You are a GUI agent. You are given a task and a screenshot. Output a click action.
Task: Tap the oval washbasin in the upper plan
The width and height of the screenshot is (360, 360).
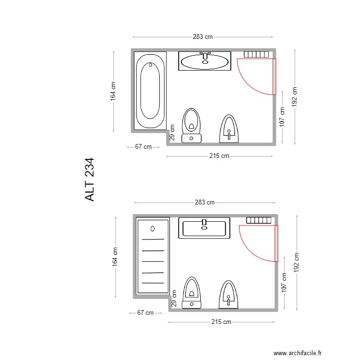click(205, 61)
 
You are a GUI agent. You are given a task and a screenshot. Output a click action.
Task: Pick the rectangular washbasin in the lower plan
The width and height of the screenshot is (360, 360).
click(204, 228)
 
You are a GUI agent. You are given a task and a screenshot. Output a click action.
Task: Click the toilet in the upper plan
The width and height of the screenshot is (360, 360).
click(192, 125)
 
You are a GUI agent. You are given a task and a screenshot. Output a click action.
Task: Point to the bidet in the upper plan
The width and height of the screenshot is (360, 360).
click(229, 129)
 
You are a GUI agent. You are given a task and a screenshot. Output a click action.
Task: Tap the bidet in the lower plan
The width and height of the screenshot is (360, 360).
click(228, 293)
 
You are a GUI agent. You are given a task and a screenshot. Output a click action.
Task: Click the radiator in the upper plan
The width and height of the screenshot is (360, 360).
click(256, 54)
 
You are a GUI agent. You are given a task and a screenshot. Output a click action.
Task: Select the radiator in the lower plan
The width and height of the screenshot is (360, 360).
click(259, 220)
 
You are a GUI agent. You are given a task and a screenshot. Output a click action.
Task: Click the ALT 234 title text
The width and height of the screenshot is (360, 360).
click(90, 180)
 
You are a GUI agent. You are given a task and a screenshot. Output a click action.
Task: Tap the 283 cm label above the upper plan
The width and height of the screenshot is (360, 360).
click(203, 36)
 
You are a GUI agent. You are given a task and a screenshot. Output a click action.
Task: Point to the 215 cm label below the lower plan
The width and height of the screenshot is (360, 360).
click(221, 322)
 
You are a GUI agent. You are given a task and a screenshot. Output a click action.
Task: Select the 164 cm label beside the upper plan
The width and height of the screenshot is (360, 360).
click(113, 91)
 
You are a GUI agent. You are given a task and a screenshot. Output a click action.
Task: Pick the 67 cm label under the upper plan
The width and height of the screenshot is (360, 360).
click(143, 147)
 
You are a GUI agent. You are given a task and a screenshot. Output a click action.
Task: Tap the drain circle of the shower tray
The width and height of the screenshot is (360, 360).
click(153, 228)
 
